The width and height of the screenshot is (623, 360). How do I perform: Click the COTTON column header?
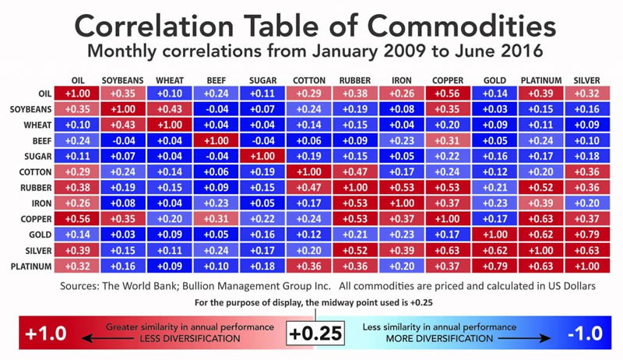click(309, 81)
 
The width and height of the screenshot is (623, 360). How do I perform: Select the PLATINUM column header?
click(540, 81)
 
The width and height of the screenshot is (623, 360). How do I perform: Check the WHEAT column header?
click(170, 81)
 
